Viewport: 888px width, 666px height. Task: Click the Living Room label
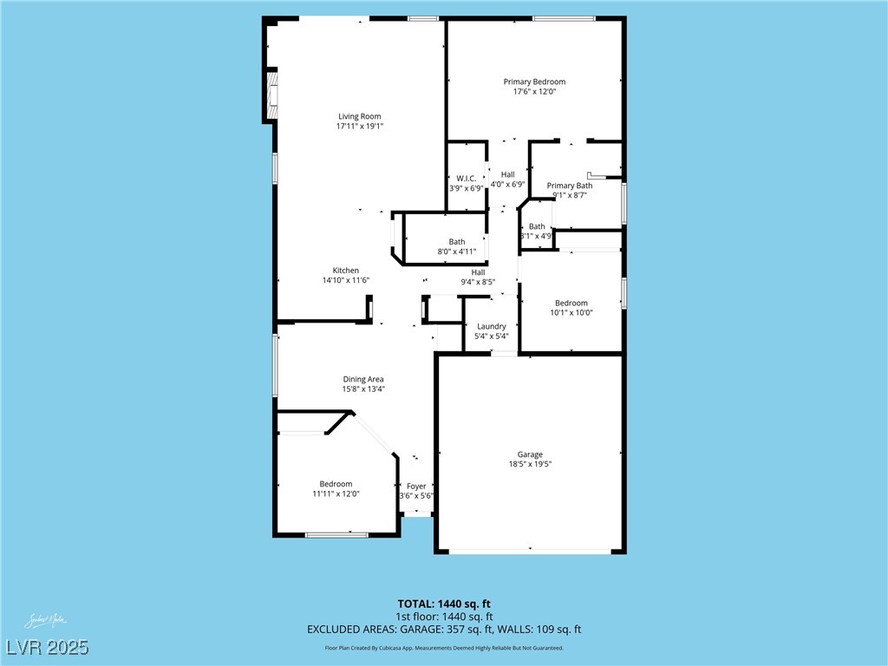point(359,116)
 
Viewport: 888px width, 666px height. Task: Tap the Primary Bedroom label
point(534,82)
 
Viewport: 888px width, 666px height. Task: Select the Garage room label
point(530,454)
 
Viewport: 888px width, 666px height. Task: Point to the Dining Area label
point(362,379)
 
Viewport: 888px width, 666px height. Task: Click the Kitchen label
point(345,271)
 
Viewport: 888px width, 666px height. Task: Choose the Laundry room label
point(491,327)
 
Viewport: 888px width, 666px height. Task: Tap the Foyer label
point(416,486)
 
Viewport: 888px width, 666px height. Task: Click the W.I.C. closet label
point(466,179)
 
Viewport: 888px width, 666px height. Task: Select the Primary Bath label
point(570,186)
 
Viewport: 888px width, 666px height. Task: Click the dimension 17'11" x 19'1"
point(359,127)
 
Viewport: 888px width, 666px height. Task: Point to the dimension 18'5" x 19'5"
point(530,465)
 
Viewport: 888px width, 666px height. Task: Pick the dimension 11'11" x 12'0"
point(336,493)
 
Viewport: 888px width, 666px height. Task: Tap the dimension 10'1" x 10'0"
point(571,313)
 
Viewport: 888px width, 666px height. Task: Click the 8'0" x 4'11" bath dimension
point(456,251)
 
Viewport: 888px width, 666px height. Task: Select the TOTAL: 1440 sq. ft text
point(443,604)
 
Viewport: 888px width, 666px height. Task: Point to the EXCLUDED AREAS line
point(443,630)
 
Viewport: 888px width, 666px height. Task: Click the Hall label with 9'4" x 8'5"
point(478,272)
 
